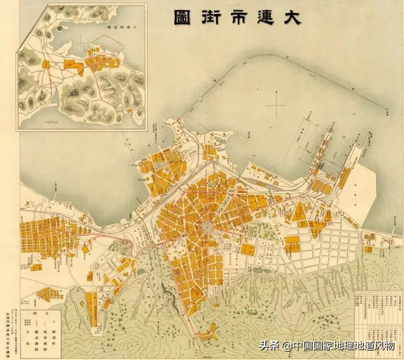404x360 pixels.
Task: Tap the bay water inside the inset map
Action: (38, 38)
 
